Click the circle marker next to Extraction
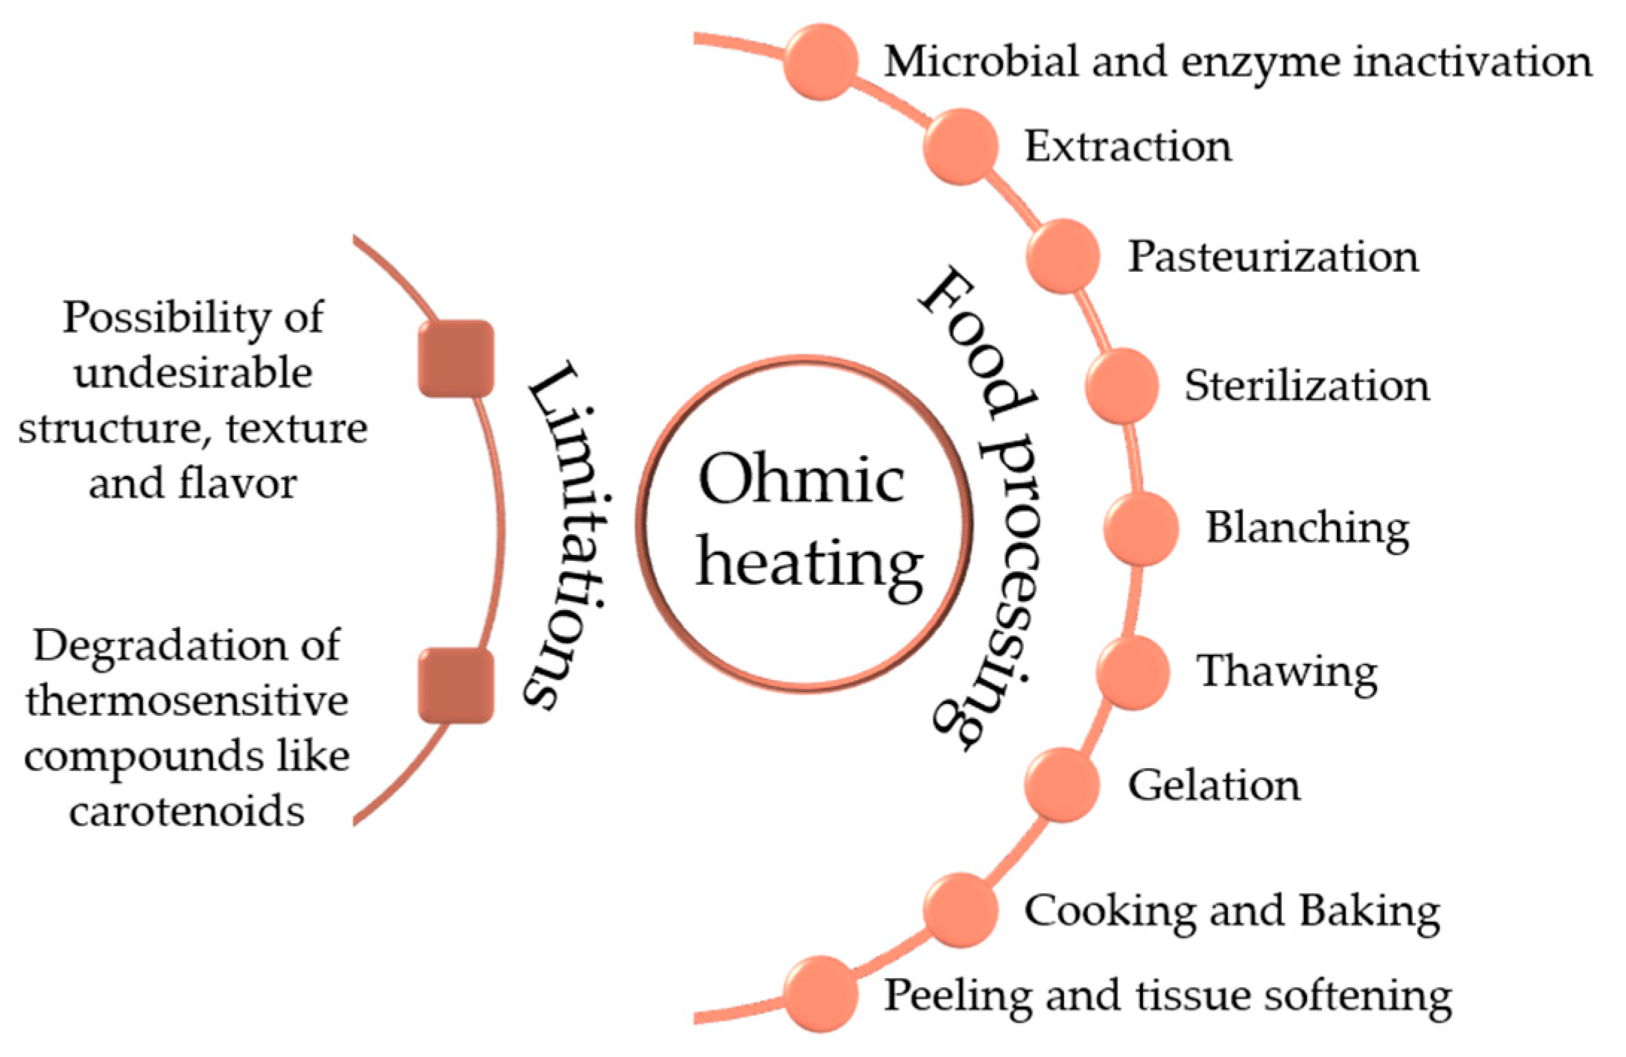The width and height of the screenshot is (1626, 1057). (x=961, y=147)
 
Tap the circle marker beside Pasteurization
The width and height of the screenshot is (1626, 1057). (x=1063, y=255)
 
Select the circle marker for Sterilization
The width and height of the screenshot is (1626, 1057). (x=1122, y=385)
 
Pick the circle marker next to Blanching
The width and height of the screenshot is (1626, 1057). (x=1141, y=527)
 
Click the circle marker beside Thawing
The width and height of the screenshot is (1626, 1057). (x=1133, y=672)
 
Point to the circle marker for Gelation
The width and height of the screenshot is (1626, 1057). (x=1062, y=784)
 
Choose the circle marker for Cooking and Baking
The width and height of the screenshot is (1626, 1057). (x=961, y=910)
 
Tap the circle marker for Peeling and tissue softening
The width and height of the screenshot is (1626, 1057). (x=820, y=994)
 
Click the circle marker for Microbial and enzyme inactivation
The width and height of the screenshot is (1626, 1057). (x=820, y=61)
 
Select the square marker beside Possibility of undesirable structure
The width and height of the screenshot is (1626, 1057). (x=456, y=358)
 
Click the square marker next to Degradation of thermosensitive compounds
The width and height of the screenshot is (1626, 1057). (x=456, y=685)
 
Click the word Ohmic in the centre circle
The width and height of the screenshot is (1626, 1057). (x=801, y=480)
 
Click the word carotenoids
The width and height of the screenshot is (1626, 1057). (x=187, y=810)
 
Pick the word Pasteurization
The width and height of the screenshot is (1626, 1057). (x=1273, y=257)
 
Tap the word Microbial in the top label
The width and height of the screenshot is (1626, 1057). (x=981, y=61)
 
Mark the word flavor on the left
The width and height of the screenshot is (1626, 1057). (x=238, y=483)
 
